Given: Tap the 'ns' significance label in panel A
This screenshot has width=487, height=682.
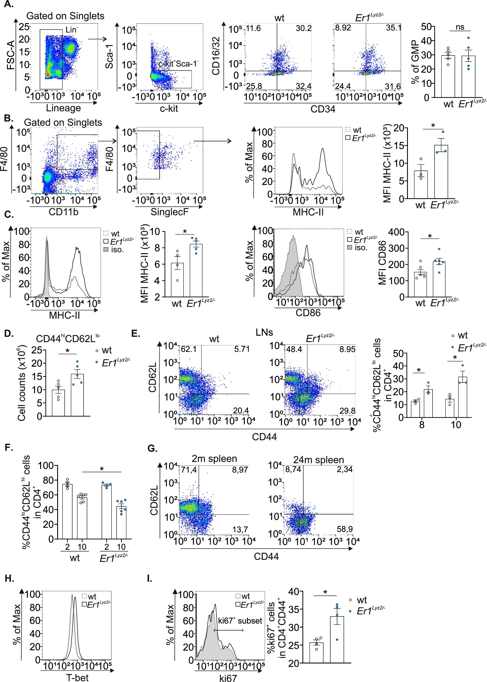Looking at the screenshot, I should (x=460, y=27).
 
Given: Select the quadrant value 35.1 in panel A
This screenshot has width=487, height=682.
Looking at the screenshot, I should (x=393, y=28).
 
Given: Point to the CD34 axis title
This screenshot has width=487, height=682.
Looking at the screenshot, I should (x=323, y=109).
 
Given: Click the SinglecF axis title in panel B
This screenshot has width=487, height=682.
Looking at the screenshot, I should (x=170, y=212).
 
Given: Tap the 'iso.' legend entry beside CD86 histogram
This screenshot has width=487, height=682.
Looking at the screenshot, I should (x=361, y=248).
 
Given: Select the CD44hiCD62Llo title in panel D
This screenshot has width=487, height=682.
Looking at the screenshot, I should (x=68, y=338).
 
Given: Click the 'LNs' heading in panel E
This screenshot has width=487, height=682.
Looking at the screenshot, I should (x=264, y=333).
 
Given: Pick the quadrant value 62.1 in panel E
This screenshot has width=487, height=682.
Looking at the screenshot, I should (x=189, y=349).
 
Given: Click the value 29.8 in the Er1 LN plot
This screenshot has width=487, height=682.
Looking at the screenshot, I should (x=347, y=411).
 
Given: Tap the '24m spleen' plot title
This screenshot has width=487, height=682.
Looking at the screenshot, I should (x=319, y=460).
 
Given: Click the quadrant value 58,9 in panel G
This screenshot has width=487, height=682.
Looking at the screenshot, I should (x=345, y=529).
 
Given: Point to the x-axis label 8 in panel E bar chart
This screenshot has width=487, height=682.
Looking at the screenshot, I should (x=422, y=425).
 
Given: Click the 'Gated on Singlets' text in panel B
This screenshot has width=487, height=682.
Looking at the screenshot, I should (x=63, y=123).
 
